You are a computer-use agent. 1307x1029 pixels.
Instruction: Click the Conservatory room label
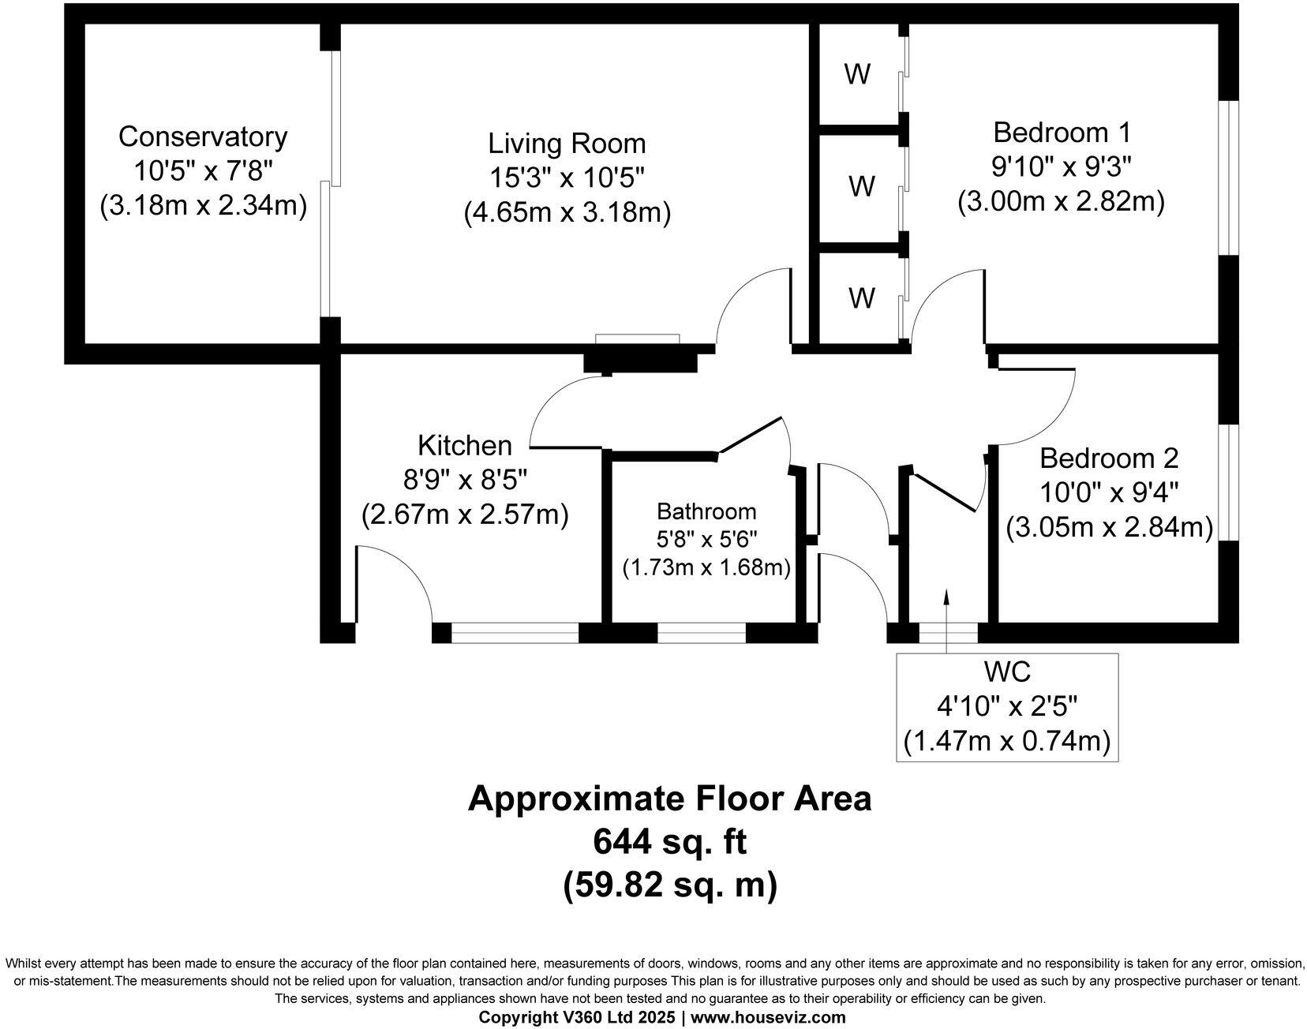pos(203,137)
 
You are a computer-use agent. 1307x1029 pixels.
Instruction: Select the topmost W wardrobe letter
pos(857,74)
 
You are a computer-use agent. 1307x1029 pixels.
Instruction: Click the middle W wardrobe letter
pos(861,187)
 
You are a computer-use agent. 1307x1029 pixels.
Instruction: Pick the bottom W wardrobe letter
pos(861,298)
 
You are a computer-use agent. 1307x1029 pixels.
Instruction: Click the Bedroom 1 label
pos(1062,131)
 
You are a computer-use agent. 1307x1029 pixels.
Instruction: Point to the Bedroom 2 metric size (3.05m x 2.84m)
pos(1109,527)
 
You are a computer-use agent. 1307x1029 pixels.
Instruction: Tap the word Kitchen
pos(465,445)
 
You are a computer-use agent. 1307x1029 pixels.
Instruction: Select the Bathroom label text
pos(706,511)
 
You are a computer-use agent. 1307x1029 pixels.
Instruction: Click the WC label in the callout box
pos(1007,672)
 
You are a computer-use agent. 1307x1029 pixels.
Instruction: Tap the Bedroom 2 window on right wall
pos(1228,483)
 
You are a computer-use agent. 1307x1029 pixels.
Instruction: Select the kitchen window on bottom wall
pos(515,633)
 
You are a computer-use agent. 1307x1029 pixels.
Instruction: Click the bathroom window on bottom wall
pos(702,633)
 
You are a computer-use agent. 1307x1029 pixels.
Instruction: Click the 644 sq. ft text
pos(669,842)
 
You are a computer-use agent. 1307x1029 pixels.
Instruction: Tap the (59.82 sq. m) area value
pos(669,885)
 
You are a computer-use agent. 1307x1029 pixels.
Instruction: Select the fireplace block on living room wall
pos(640,361)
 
